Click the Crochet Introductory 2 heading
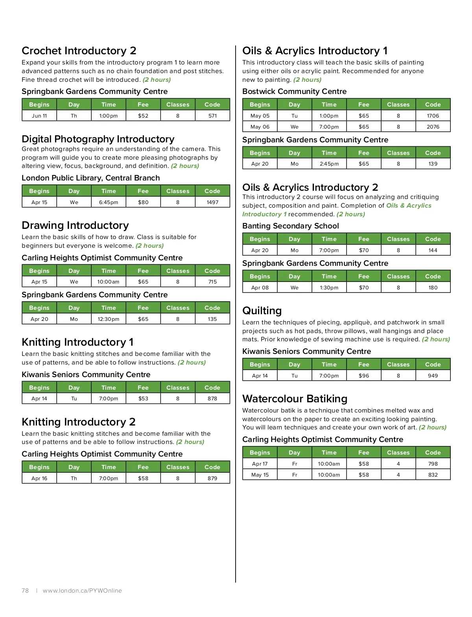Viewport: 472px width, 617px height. (x=79, y=51)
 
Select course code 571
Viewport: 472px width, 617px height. (x=212, y=116)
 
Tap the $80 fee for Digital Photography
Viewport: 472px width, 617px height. (x=143, y=202)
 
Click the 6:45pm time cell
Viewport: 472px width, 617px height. (x=109, y=202)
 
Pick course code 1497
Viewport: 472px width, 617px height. (x=212, y=202)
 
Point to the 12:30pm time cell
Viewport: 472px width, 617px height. (x=109, y=319)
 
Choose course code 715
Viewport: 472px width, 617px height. (x=212, y=282)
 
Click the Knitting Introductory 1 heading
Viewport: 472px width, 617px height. (x=77, y=342)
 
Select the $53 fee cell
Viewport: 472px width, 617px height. (x=143, y=398)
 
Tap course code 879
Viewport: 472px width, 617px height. (x=212, y=478)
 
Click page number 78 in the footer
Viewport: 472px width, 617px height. (x=25, y=590)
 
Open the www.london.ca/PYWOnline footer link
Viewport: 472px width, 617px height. (x=82, y=590)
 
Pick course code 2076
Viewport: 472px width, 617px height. (x=433, y=127)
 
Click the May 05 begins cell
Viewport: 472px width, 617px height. (x=260, y=116)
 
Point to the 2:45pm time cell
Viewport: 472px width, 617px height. (x=329, y=164)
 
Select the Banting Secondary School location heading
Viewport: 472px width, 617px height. (x=290, y=226)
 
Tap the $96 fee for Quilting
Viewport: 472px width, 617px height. (x=364, y=376)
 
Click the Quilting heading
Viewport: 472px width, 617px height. (x=262, y=311)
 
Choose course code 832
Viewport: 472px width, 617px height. (x=433, y=475)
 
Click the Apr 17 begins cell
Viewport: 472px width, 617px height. (x=260, y=464)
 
